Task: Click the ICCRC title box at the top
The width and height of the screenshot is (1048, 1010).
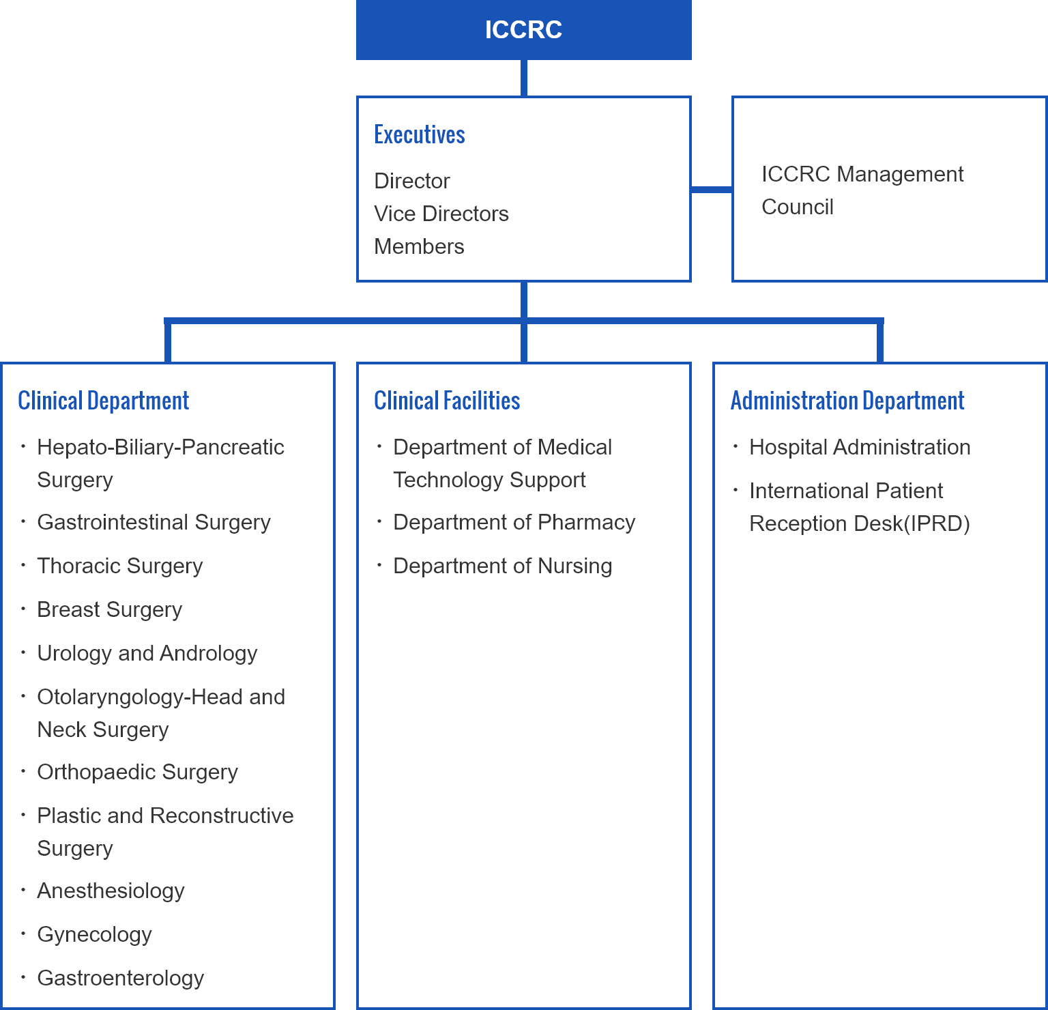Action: point(523,30)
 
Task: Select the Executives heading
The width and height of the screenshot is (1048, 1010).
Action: point(420,135)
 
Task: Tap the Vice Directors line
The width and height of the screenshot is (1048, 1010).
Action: point(441,214)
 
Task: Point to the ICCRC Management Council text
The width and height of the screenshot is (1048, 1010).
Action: point(862,190)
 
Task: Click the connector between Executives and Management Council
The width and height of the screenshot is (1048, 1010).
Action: point(712,189)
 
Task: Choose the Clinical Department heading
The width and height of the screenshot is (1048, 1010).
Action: point(104,401)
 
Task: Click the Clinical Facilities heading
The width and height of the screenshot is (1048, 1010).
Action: point(447,401)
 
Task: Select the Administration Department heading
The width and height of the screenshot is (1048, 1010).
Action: point(847,401)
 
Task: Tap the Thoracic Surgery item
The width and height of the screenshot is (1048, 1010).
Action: point(120,566)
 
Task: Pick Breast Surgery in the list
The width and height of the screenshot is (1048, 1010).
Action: point(110,610)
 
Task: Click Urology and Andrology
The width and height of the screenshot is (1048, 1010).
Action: point(147,654)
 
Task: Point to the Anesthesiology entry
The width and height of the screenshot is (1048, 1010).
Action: point(111,891)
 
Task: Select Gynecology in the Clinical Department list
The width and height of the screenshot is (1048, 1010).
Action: point(95,935)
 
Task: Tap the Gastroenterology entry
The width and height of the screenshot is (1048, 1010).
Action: point(121,979)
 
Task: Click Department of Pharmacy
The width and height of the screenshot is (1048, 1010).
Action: point(514,523)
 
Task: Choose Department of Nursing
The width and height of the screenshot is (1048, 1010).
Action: point(503,566)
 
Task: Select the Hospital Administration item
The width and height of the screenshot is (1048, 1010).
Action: point(860,447)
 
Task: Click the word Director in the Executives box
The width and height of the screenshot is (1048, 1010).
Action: point(412,181)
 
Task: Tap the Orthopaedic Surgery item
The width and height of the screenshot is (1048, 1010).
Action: point(138,773)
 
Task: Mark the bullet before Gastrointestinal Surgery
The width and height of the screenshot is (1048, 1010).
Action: point(23,521)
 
